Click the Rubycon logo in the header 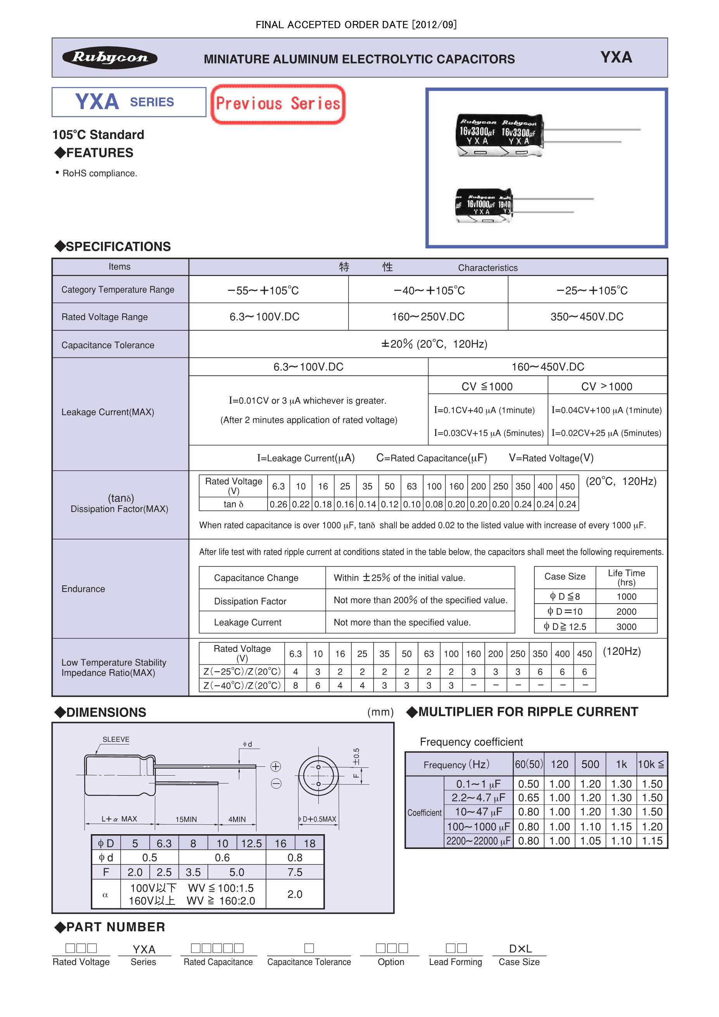[x=110, y=57]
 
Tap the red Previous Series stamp [x=278, y=104]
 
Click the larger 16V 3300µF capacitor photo [x=499, y=135]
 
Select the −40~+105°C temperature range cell [x=429, y=291]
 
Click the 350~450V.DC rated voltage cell [x=587, y=317]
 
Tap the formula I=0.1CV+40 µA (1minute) [x=484, y=410]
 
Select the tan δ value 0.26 [x=278, y=504]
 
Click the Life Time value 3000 [x=626, y=627]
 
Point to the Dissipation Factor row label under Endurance [x=250, y=601]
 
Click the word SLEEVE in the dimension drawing [x=116, y=739]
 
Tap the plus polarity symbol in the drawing [x=275, y=766]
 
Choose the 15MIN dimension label [x=186, y=819]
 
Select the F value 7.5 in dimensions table [x=294, y=872]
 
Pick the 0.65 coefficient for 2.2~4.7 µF [x=528, y=798]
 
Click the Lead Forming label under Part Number [x=455, y=961]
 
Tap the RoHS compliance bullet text [x=100, y=173]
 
